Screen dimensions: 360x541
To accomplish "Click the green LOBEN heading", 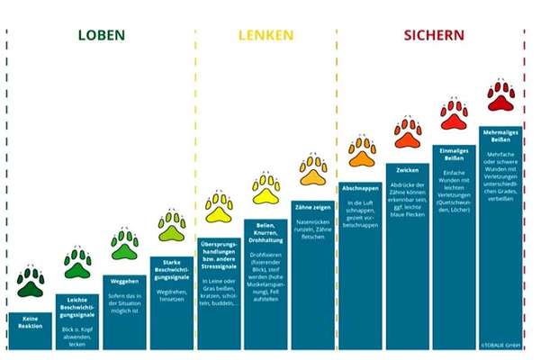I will tap(101, 36).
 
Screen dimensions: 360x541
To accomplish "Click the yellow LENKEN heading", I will tap(265, 36).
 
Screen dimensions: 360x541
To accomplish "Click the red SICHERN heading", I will tap(433, 36).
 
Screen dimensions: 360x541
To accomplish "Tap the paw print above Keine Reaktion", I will tap(31, 282).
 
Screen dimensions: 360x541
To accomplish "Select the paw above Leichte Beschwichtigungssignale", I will tap(77, 263).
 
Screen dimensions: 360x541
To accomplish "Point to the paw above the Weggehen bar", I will tap(124, 243).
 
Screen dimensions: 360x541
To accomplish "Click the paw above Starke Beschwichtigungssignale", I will tap(171, 225).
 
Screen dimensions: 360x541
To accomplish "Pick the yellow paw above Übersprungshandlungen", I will tap(219, 206).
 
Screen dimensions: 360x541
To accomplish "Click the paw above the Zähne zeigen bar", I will tap(313, 168).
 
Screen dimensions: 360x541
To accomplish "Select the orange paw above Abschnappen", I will tap(361, 150).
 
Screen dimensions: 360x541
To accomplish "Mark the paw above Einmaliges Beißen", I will tap(455, 113).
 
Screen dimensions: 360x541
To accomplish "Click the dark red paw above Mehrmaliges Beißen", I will tap(501, 94).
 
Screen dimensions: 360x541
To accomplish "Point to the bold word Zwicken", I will tap(408, 169).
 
